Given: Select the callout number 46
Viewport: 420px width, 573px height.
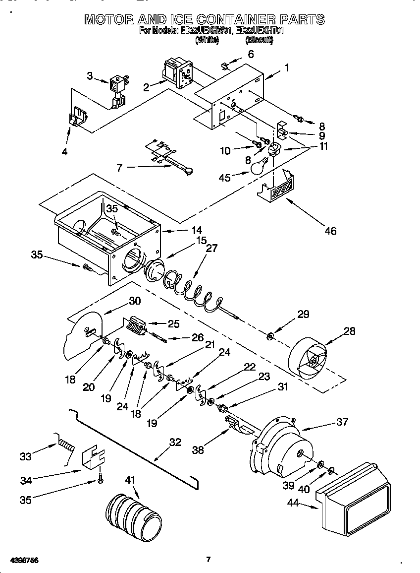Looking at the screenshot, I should coord(331,230).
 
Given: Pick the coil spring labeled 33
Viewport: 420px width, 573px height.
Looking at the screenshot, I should coord(65,444).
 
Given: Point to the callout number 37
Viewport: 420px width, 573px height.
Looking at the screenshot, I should coord(342,422).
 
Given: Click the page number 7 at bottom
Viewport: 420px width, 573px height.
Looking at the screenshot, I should coord(209,560).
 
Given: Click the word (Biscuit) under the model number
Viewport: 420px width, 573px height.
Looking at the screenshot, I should coord(260,40).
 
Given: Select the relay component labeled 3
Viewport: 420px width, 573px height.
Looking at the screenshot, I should coord(118,85).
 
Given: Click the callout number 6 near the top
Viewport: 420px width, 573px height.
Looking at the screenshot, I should coord(251,54).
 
